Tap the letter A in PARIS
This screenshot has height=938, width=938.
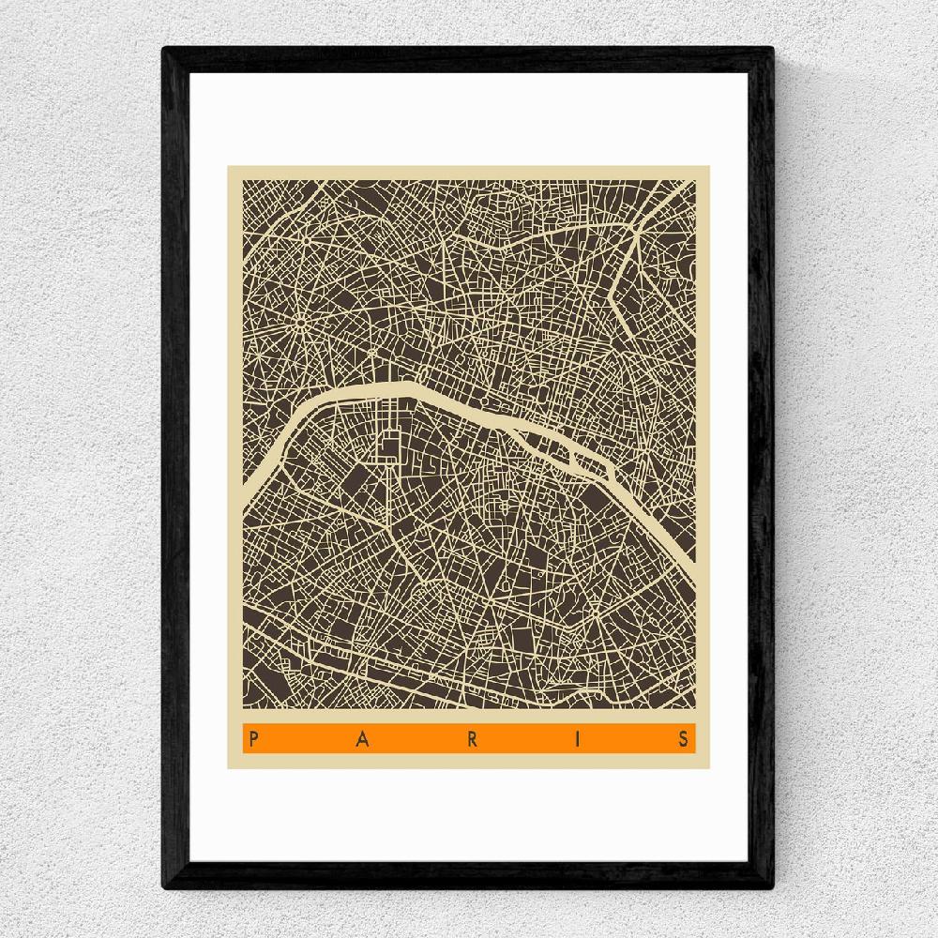point(361,739)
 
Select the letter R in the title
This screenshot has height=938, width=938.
point(472,739)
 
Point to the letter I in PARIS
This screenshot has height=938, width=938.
point(580,739)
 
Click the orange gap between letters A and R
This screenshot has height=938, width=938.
point(416,739)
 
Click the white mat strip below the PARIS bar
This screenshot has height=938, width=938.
point(469,816)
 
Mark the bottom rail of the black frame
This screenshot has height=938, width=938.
point(469,878)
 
